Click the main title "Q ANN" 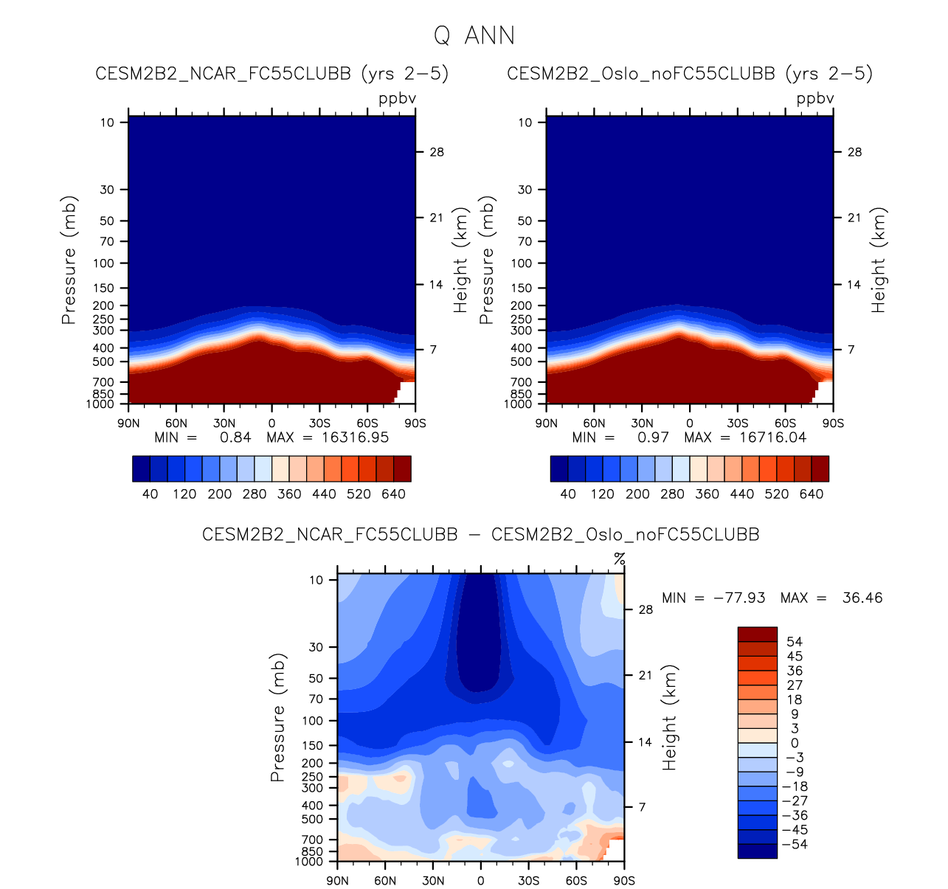474,35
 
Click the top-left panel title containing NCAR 271,74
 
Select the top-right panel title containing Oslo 690,74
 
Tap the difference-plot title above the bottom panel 480,534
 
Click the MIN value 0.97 653,437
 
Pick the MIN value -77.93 739,598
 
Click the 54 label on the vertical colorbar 795,642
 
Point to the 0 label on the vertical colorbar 795,743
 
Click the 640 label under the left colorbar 393,494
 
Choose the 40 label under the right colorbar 568,494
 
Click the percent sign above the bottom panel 620,558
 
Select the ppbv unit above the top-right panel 815,99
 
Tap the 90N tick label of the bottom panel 337,881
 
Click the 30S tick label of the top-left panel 319,423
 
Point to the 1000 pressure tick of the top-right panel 519,404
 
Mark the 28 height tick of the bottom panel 646,610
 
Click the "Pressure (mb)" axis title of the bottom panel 277,717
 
